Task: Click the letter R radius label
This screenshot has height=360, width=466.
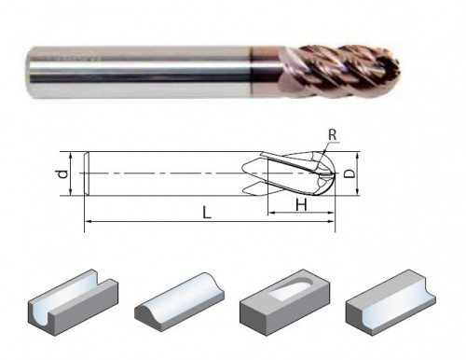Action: coord(332,135)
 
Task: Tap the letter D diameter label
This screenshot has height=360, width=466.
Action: coord(350,173)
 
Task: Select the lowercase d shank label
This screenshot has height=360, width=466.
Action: coord(63,173)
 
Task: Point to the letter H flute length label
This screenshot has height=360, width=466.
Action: coord(301,205)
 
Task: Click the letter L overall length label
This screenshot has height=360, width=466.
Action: coord(207,213)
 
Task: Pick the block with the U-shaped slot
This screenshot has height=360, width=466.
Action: coord(74,301)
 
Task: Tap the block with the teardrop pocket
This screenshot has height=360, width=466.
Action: coord(285,302)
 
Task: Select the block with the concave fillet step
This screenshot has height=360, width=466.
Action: coord(391,302)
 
